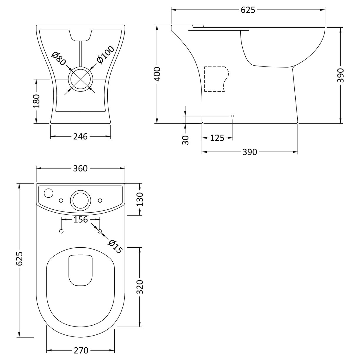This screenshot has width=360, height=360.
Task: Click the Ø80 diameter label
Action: (59, 59)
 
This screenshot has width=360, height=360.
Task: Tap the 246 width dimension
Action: (81, 136)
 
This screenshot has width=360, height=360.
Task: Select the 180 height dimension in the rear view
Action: (36, 101)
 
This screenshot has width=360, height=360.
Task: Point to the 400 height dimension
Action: (157, 74)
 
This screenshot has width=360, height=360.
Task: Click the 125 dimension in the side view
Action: (217, 138)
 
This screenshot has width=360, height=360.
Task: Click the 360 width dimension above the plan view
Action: (80, 168)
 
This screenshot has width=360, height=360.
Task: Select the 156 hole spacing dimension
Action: (80, 219)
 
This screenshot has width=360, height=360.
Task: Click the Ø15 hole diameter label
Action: (115, 246)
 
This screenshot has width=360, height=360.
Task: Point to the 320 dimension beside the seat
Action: (140, 287)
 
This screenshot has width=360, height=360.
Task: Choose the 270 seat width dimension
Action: (81, 351)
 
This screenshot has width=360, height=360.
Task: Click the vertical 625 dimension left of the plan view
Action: (19, 258)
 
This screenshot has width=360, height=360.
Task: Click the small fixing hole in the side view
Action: (233, 116)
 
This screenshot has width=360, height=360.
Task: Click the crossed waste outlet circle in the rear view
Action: (80, 79)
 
